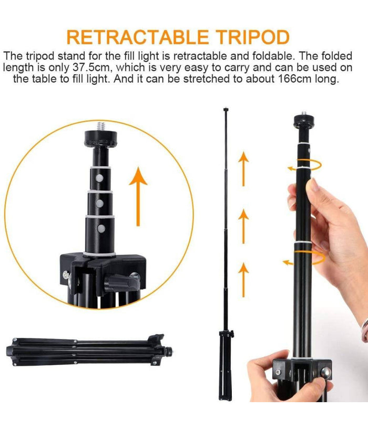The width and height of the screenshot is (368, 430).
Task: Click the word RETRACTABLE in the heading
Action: coord(138,37)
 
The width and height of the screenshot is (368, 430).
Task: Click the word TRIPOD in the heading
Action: coord(252,37)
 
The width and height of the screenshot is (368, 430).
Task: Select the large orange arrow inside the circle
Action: coord(138,196)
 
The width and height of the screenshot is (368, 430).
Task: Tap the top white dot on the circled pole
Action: coord(99,178)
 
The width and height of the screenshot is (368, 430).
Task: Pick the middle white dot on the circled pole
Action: coord(99,203)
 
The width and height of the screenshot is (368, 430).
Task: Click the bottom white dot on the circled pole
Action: coord(101,228)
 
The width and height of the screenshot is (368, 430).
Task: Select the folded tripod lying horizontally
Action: coord(89,350)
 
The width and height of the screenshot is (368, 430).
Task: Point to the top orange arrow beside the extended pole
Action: coord(243,169)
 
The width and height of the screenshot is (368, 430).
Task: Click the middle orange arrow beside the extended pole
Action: coord(243,226)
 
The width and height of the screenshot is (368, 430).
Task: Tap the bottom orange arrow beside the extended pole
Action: coord(243,279)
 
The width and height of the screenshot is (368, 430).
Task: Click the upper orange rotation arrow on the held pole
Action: coord(304,165)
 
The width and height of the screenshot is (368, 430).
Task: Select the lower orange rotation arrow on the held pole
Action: coord(304,258)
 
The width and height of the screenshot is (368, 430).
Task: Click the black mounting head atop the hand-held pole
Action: coord(304,121)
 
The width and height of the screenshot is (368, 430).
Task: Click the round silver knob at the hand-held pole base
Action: coord(326,373)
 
